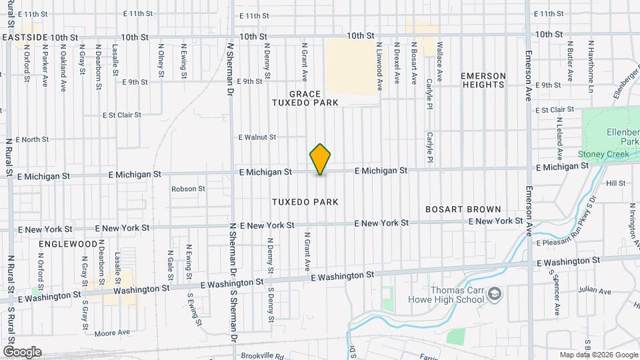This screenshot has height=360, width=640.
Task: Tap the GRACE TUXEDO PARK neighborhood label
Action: [305, 98]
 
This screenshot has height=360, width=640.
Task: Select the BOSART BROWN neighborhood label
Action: [463, 209]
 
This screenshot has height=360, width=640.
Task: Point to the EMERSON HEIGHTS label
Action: [483, 80]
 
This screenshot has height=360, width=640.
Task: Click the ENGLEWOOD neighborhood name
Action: [68, 245]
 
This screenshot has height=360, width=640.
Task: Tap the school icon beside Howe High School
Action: [494, 293]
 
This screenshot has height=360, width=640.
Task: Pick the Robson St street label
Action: [188, 189]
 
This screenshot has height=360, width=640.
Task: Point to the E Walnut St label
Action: [257, 137]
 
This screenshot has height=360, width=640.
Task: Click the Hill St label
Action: [615, 183]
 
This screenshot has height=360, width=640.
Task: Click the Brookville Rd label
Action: [260, 356]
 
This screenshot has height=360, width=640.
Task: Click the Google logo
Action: [22, 352]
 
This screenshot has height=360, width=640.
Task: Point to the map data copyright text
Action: [598, 355]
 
